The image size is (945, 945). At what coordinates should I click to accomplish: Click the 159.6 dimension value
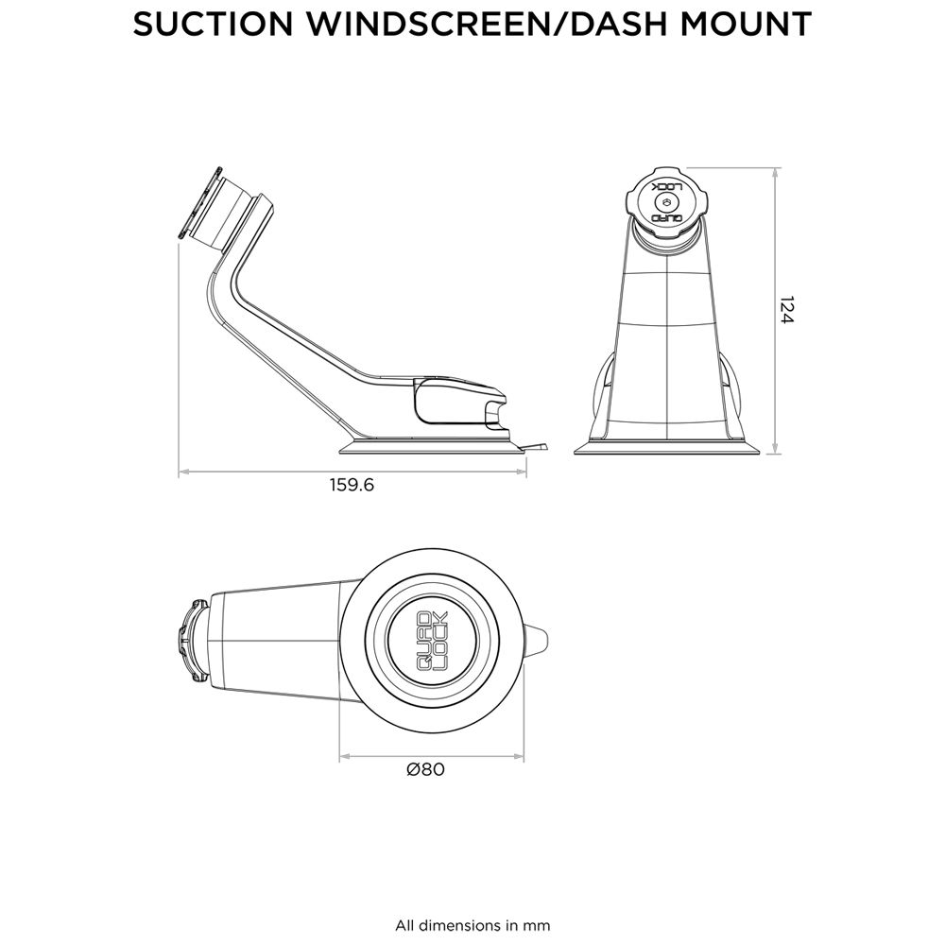pos(352,486)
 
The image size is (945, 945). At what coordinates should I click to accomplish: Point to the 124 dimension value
pos(786,311)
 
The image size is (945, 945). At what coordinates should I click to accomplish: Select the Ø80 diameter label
pos(425,769)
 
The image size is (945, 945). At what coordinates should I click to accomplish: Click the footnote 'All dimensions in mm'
pos(472,925)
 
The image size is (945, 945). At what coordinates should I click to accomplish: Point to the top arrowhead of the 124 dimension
pos(775,173)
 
